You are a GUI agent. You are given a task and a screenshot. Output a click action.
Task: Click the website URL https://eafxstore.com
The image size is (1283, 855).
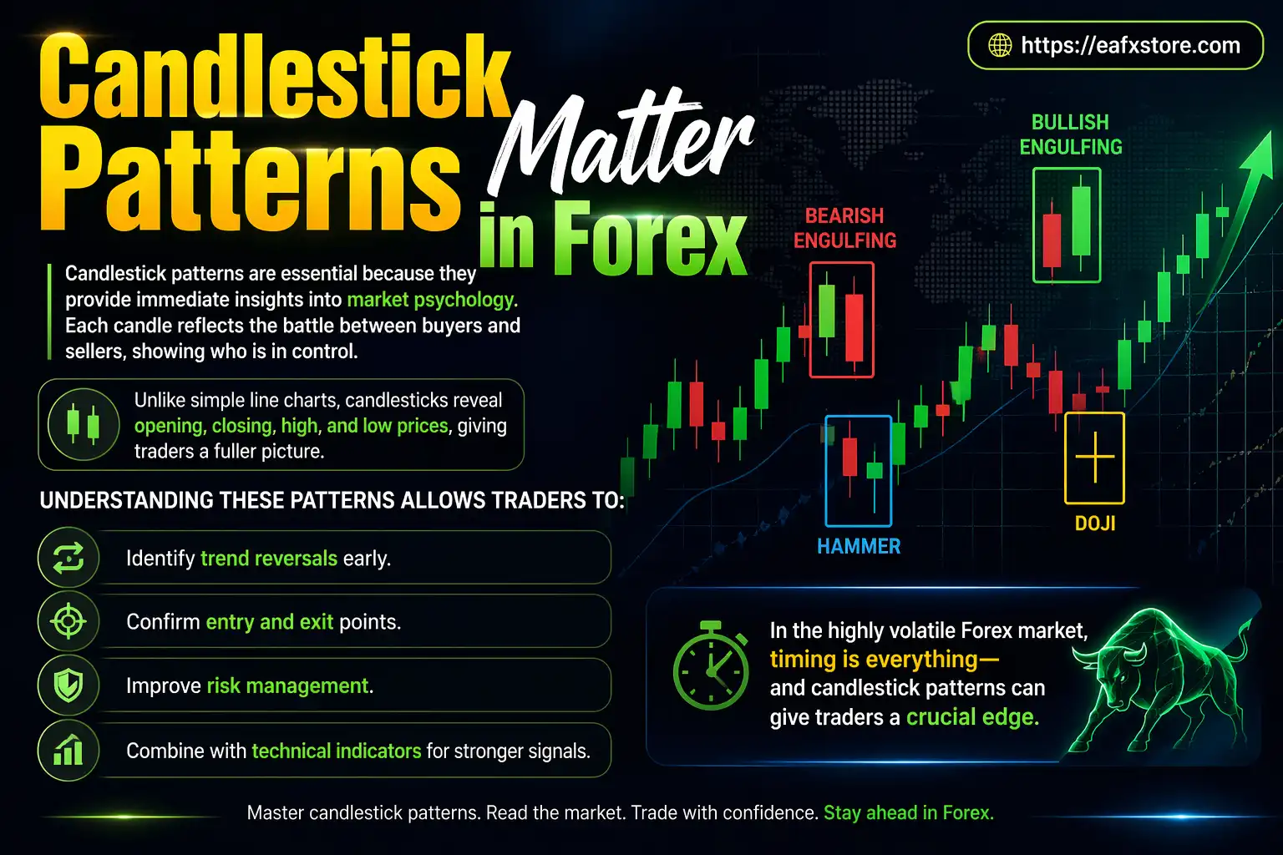click(x=1130, y=45)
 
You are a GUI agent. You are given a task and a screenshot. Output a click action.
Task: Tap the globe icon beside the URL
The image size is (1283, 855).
click(x=1000, y=45)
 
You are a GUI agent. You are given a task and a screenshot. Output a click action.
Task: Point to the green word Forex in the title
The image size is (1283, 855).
click(x=650, y=240)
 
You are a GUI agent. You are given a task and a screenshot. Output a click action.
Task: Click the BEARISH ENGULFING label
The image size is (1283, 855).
click(x=844, y=228)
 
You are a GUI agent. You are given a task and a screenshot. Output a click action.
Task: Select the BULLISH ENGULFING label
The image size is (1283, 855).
click(x=1070, y=134)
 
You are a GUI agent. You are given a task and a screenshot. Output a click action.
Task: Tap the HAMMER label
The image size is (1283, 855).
click(x=858, y=547)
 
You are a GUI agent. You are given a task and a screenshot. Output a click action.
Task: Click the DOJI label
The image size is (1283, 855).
click(x=1094, y=524)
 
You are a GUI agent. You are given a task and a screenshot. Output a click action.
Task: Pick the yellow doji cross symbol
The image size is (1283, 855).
click(x=1094, y=458)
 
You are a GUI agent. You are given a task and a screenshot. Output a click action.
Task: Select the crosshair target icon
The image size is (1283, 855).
click(x=68, y=621)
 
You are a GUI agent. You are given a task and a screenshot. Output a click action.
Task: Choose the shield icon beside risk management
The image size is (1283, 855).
click(x=68, y=686)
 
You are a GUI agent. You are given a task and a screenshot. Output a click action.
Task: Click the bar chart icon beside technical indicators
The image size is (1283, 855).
click(x=68, y=751)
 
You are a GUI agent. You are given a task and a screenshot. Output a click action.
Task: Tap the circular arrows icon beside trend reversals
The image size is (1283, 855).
click(x=68, y=557)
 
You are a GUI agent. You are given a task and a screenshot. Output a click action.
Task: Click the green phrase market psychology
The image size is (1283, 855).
click(x=432, y=300)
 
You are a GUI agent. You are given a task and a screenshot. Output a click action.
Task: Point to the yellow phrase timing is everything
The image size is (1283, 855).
click(x=884, y=660)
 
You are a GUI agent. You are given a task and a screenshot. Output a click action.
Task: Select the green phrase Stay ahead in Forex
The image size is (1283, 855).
click(x=909, y=813)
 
